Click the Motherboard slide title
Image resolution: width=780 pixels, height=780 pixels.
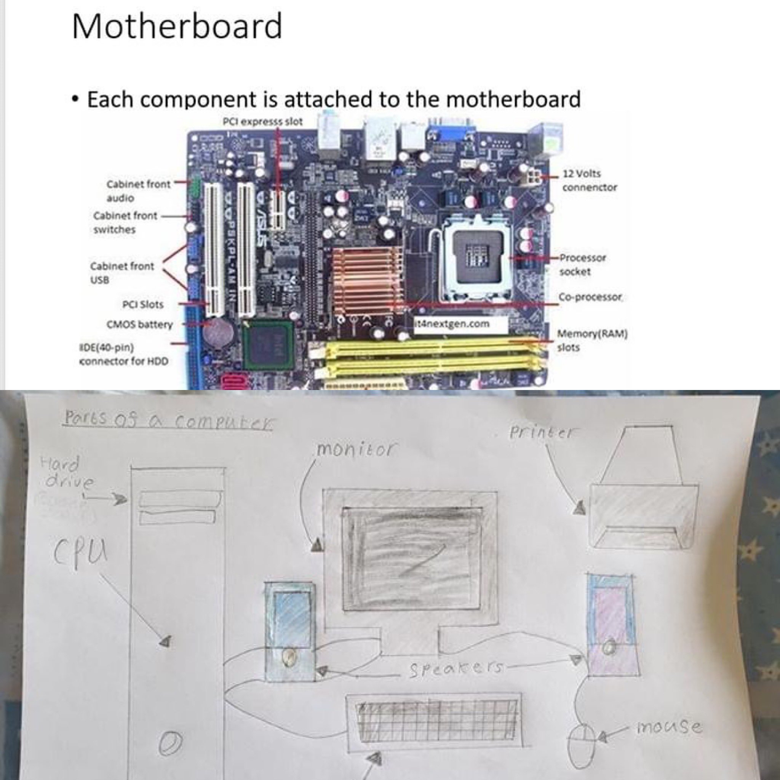click(x=177, y=26)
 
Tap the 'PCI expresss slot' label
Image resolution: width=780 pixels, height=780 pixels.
click(x=263, y=121)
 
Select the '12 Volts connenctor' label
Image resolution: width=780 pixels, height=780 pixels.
click(x=589, y=181)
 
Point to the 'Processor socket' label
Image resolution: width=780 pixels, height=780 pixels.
click(x=582, y=264)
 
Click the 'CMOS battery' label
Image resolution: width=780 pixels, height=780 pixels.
click(x=140, y=324)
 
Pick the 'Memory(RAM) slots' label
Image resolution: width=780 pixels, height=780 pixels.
click(x=591, y=340)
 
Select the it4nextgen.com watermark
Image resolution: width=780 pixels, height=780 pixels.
click(x=454, y=324)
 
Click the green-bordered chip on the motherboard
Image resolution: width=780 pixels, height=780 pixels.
click(x=268, y=346)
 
